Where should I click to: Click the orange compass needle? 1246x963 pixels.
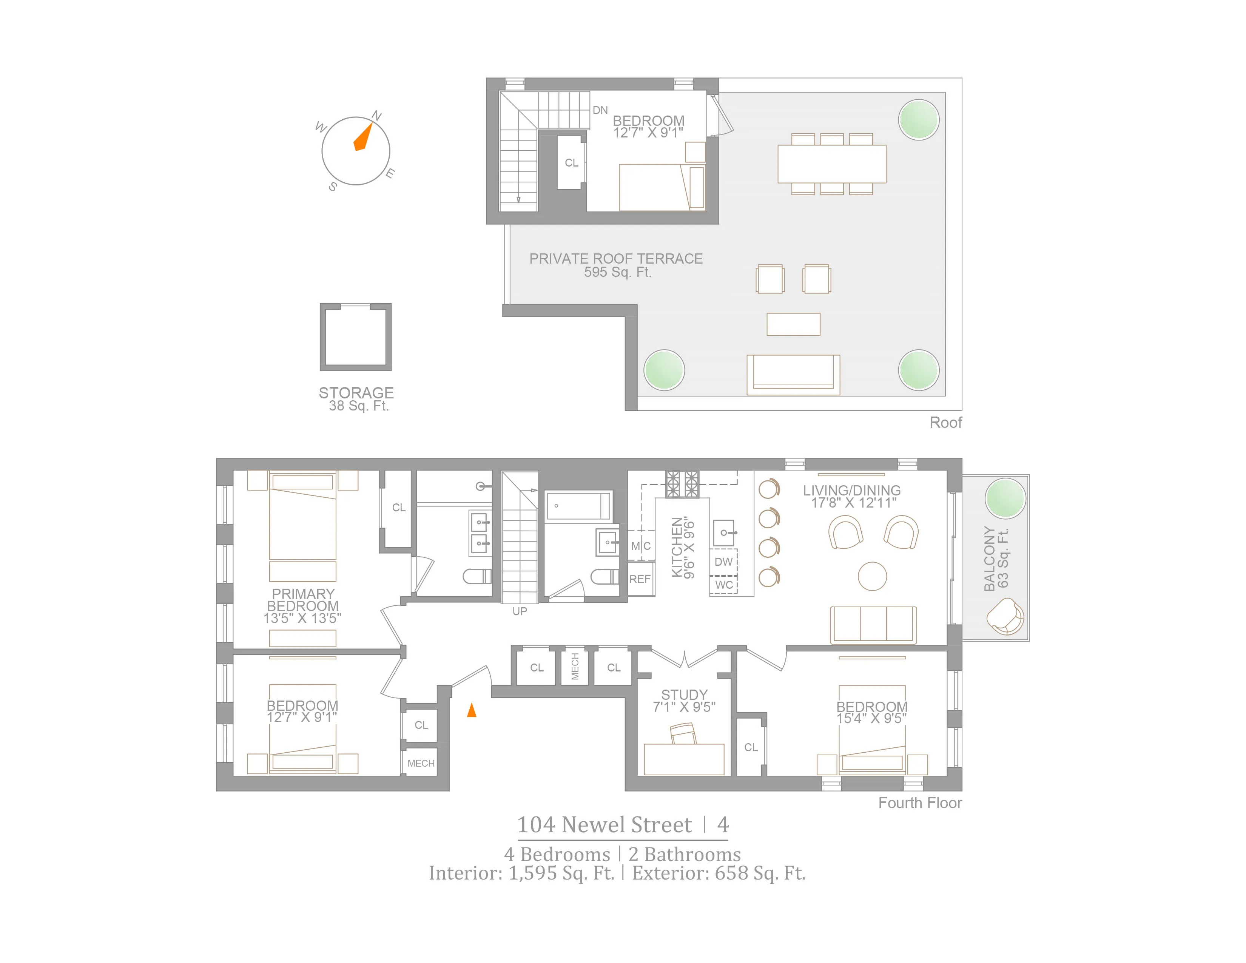tap(363, 137)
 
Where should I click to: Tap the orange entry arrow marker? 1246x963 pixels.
tap(471, 710)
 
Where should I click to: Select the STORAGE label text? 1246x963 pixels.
tap(356, 393)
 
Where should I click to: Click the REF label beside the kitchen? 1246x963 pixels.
tap(640, 579)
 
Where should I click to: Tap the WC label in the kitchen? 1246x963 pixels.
tap(723, 585)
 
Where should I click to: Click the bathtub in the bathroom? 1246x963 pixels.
tap(578, 505)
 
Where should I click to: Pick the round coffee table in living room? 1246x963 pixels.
tap(872, 576)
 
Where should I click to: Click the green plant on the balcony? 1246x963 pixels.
tap(1005, 498)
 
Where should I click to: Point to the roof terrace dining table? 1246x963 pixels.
tap(831, 164)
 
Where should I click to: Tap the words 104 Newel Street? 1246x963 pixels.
tap(604, 825)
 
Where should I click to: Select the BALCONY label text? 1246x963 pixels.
tap(989, 559)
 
